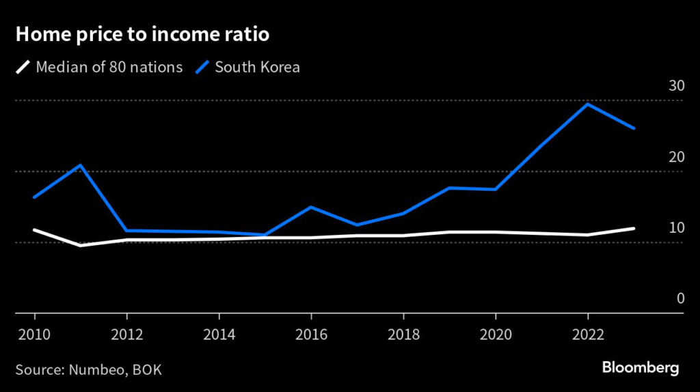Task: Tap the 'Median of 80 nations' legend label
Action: point(109,68)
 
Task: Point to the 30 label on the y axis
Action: point(676,86)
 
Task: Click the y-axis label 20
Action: point(676,157)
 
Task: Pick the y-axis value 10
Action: point(676,227)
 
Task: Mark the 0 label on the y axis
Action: point(680,298)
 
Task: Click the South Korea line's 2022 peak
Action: point(588,104)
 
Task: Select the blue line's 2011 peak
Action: point(81,165)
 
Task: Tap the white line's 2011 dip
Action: point(81,245)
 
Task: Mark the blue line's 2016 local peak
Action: point(311,207)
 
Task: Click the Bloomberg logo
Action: point(641,368)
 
